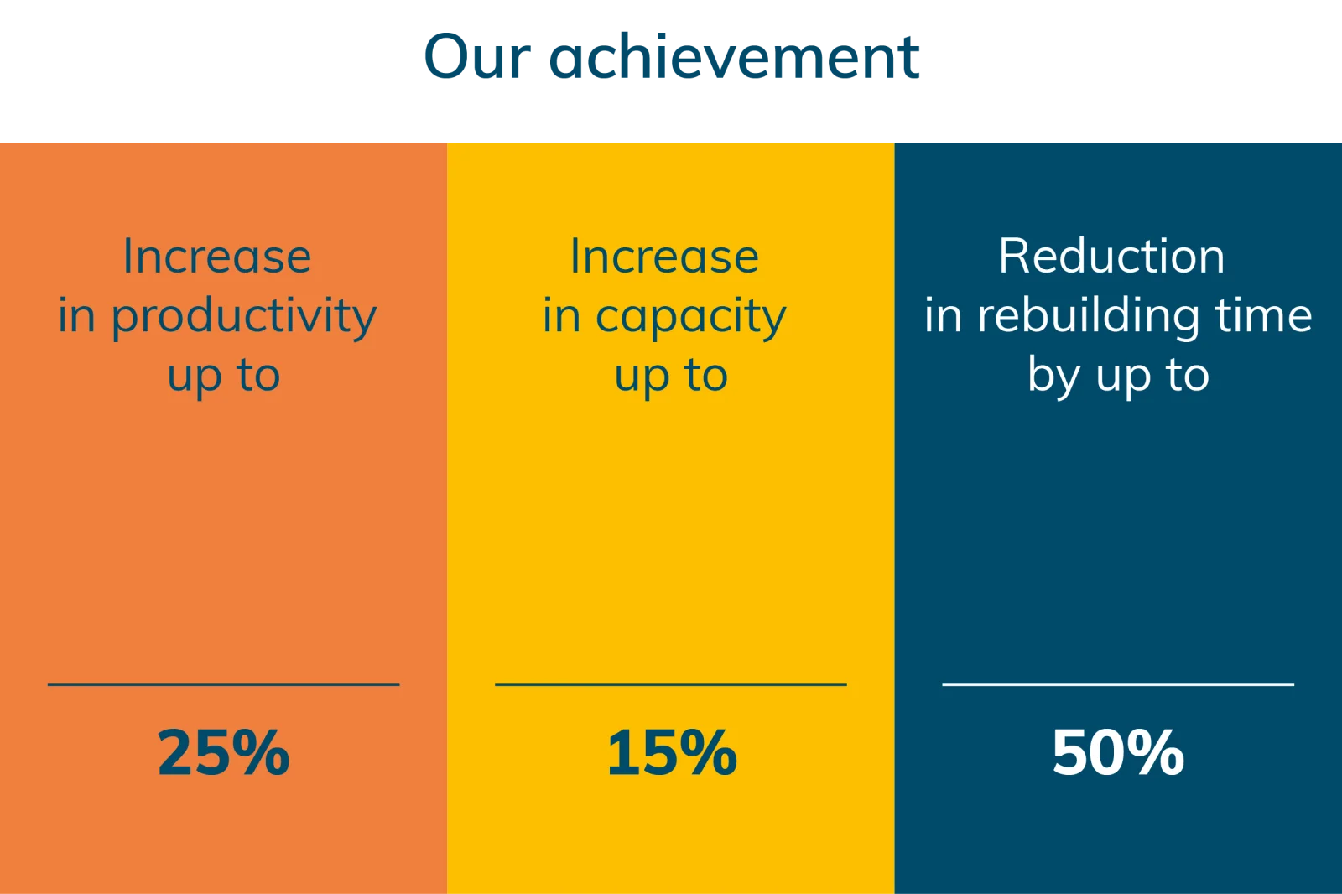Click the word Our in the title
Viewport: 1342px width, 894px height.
coord(477,57)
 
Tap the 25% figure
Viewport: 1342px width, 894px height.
coord(223,752)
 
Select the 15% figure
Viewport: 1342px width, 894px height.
coord(672,752)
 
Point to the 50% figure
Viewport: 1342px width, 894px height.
coord(1118,752)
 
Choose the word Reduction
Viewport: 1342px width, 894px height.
coord(1111,256)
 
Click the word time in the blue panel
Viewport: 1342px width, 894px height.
coord(1263,315)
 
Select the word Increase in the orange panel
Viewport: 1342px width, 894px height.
coord(217,256)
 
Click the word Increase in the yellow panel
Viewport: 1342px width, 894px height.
coord(664,256)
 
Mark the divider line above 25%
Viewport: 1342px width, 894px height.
coord(223,684)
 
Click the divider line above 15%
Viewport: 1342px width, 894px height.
coord(671,684)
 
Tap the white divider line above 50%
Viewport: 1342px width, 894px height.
coord(1118,684)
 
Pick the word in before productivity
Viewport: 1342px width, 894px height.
coord(76,315)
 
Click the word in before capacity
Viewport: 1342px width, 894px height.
coord(561,315)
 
